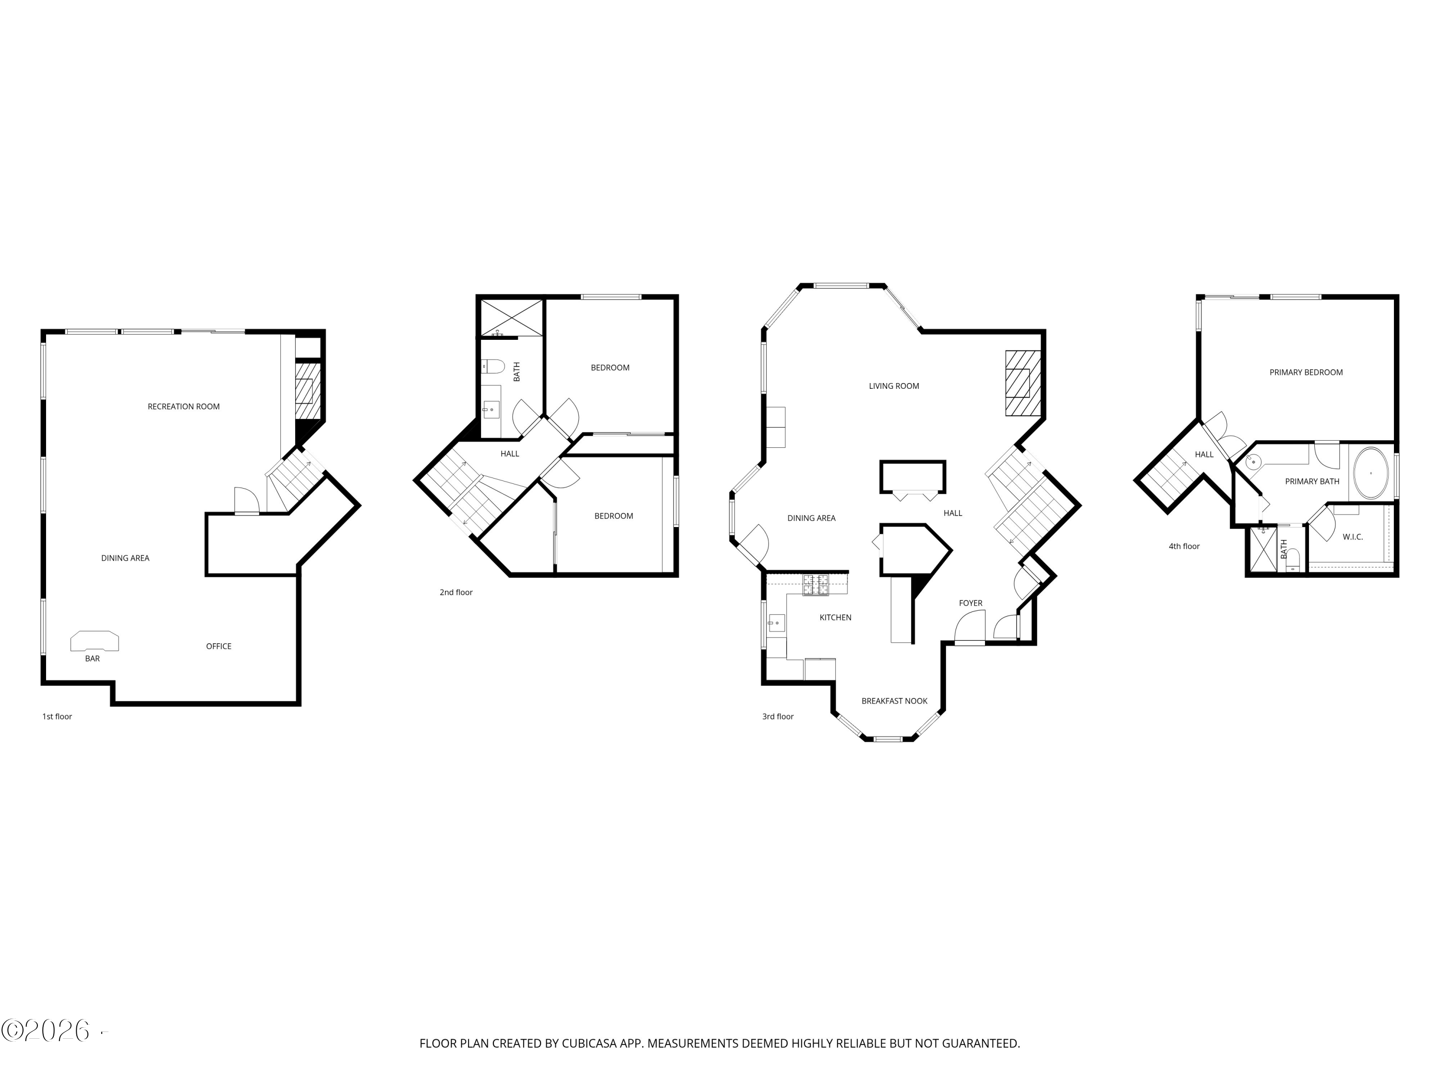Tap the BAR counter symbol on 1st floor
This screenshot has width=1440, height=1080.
[95, 641]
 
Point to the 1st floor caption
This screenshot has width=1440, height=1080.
[57, 717]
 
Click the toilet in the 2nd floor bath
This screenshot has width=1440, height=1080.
[493, 367]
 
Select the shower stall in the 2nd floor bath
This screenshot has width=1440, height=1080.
[512, 318]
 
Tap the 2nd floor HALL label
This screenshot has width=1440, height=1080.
[510, 454]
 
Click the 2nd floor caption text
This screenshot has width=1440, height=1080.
[456, 592]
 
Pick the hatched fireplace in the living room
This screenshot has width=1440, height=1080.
[1023, 384]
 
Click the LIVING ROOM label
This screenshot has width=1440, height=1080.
[894, 386]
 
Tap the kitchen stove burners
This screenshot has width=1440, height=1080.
[816, 585]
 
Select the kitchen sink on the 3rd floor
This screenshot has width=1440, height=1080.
[776, 623]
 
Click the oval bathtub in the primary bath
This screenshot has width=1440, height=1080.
[1371, 473]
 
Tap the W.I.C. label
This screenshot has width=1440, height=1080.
[1352, 537]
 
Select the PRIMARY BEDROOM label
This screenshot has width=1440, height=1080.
[1306, 372]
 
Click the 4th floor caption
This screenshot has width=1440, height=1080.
[1184, 546]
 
